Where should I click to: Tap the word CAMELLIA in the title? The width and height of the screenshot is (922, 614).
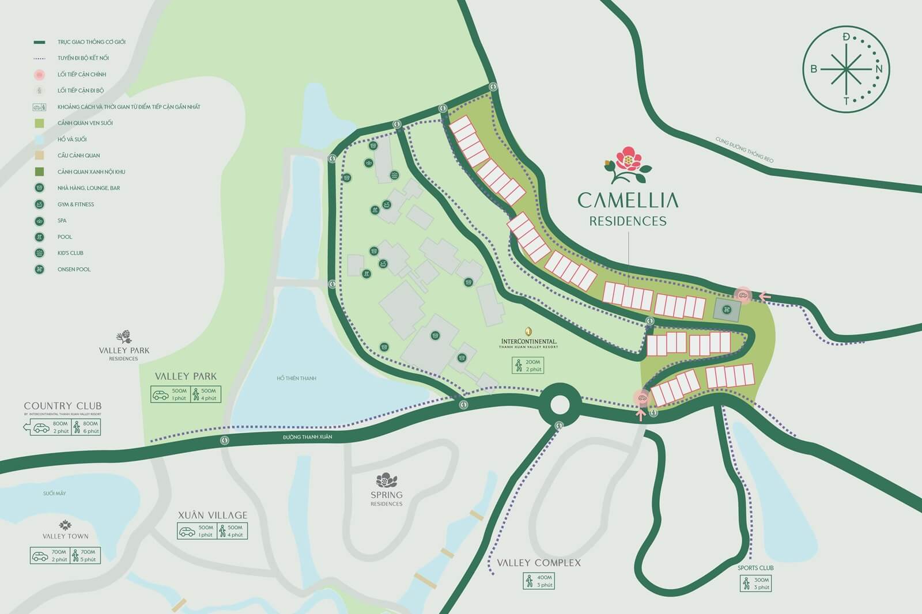pyautogui.click(x=628, y=200)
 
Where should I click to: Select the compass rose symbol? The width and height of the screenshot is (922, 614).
pyautogui.click(x=846, y=69)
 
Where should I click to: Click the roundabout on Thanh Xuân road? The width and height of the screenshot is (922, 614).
pyautogui.click(x=560, y=404)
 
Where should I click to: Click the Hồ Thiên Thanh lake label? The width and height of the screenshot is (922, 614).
pyautogui.click(x=296, y=378)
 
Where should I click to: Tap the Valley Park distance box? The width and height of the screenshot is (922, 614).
pyautogui.click(x=186, y=395)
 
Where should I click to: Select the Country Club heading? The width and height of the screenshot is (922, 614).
pyautogui.click(x=62, y=406)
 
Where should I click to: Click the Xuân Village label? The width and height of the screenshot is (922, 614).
pyautogui.click(x=212, y=515)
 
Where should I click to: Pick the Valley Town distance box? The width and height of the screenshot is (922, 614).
pyautogui.click(x=65, y=556)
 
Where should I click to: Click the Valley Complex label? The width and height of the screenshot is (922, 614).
pyautogui.click(x=539, y=563)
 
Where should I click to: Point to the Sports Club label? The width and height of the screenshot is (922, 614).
pyautogui.click(x=755, y=568)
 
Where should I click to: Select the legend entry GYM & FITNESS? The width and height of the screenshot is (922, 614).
pyautogui.click(x=75, y=204)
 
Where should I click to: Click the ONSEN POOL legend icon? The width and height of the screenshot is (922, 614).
pyautogui.click(x=39, y=269)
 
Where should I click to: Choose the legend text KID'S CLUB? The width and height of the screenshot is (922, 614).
pyautogui.click(x=70, y=253)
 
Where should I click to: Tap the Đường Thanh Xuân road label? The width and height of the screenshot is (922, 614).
pyautogui.click(x=307, y=437)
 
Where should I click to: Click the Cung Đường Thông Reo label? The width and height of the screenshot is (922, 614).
pyautogui.click(x=744, y=150)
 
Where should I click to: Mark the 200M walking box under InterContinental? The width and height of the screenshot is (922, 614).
pyautogui.click(x=528, y=366)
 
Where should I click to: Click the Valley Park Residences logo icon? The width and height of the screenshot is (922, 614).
pyautogui.click(x=124, y=336)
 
